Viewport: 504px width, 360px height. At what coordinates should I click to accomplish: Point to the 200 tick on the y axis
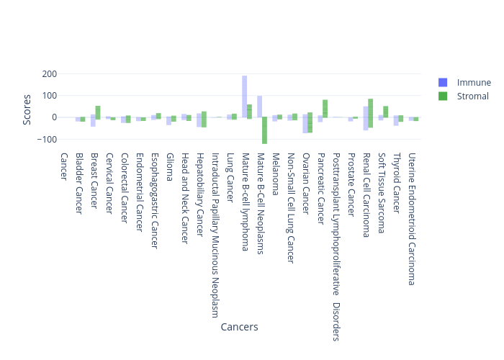pyautogui.click(x=49, y=74)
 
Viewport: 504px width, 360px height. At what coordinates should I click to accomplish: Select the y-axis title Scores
pyautogui.click(x=27, y=109)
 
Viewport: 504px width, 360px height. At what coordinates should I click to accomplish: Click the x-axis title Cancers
pyautogui.click(x=239, y=327)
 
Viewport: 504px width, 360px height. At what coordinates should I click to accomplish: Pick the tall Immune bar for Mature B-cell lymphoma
pyautogui.click(x=245, y=96)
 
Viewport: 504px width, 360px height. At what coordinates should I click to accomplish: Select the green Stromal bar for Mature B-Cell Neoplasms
pyautogui.click(x=264, y=130)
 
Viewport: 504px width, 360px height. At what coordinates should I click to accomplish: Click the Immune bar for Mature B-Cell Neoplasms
pyautogui.click(x=259, y=107)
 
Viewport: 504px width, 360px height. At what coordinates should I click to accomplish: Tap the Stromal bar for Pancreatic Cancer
pyautogui.click(x=325, y=109)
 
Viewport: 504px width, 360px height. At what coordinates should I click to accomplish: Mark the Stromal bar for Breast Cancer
pyautogui.click(x=98, y=112)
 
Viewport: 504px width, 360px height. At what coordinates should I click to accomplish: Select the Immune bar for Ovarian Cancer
pyautogui.click(x=305, y=123)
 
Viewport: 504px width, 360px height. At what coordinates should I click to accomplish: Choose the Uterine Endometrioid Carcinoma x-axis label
pyautogui.click(x=412, y=219)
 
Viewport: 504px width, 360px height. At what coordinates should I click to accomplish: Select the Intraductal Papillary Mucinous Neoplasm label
pyautogui.click(x=215, y=235)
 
